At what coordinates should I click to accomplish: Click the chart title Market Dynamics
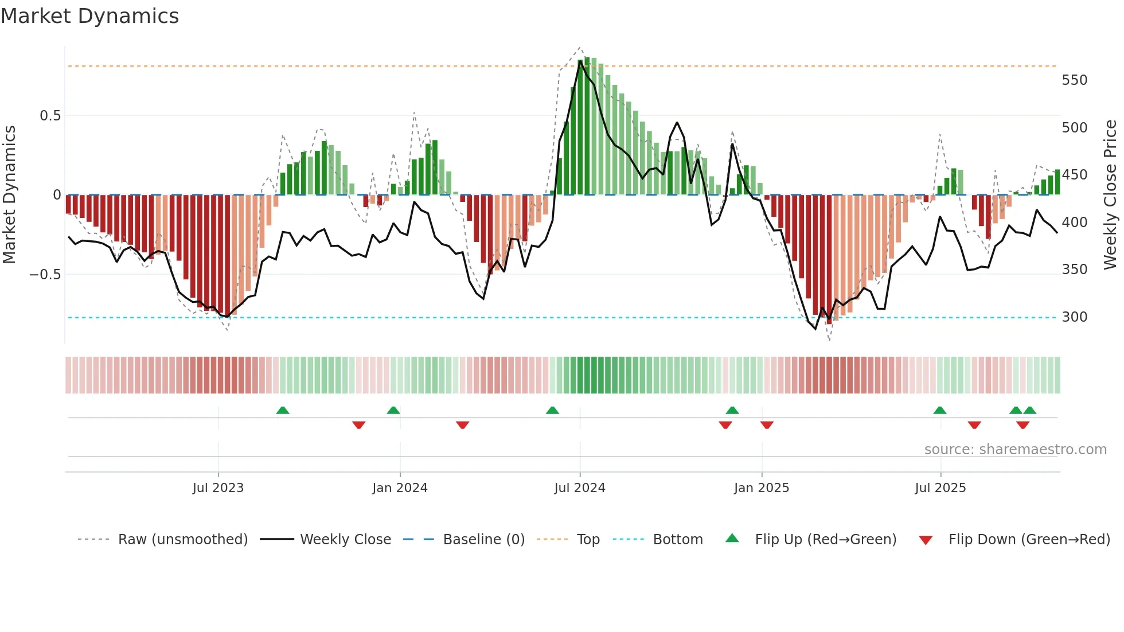(90, 16)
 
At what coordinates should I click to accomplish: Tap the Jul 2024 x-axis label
(579, 488)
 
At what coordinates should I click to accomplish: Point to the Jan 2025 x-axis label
(761, 488)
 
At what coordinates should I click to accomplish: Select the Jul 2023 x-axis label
(218, 488)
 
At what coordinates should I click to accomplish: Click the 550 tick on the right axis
(1074, 80)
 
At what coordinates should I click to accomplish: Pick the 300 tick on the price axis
(1074, 317)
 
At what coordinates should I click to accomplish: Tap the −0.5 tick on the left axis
(45, 275)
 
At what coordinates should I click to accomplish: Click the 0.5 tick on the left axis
(50, 116)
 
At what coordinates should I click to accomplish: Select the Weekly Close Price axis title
(1110, 194)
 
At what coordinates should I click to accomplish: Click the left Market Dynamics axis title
(10, 194)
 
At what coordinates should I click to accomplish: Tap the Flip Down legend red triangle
(925, 540)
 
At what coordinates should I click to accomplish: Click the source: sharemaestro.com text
(1015, 450)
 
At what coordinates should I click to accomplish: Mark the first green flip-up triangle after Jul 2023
(282, 411)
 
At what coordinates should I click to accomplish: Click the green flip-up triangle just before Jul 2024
(552, 411)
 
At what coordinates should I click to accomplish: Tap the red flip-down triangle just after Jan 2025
(767, 425)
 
